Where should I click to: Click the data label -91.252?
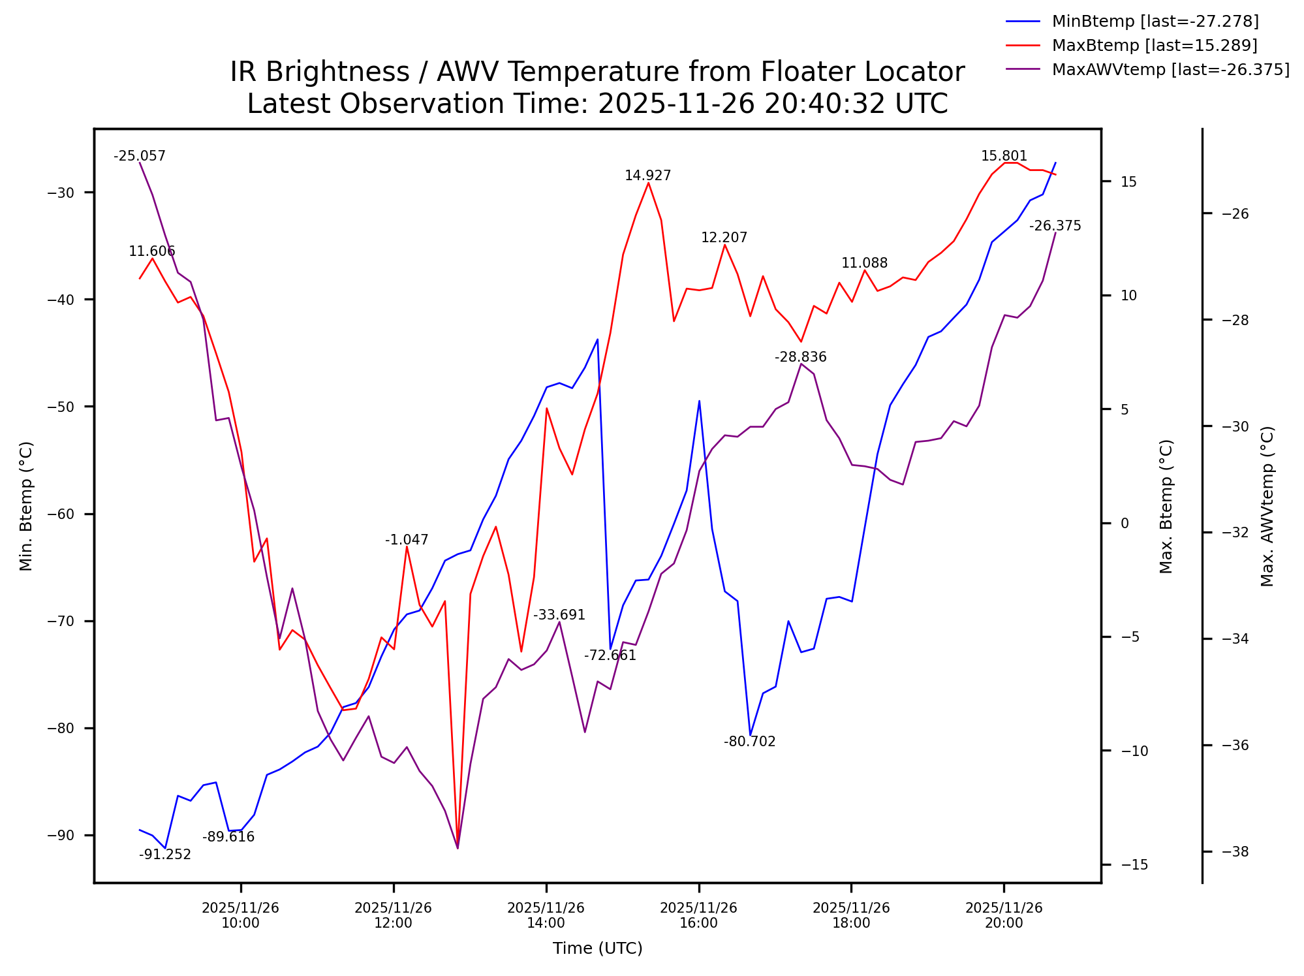(x=165, y=855)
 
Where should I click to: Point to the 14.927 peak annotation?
(x=647, y=176)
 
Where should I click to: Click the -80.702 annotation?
(x=749, y=742)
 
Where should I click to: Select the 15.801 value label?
(x=1004, y=156)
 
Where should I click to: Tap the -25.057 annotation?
(x=140, y=156)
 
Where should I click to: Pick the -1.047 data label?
(x=407, y=540)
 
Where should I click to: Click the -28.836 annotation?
(x=800, y=357)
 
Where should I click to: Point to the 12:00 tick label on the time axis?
(x=393, y=915)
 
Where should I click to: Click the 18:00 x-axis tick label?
(x=851, y=915)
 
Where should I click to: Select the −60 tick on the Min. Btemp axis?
(x=61, y=514)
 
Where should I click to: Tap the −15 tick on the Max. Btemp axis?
(x=1134, y=865)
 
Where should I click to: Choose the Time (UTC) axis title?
(x=597, y=949)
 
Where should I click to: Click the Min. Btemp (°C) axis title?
(x=26, y=506)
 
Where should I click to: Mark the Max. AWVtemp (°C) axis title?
(x=1267, y=506)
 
